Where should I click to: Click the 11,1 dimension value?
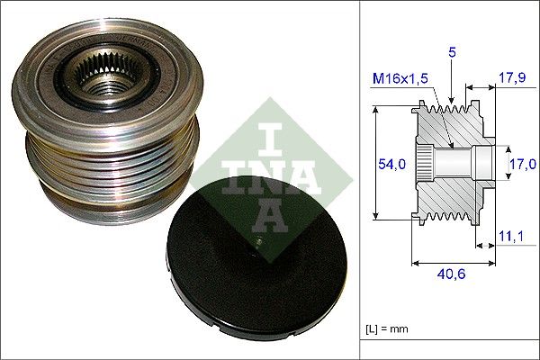pyautogui.click(x=510, y=236)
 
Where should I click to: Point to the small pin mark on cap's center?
pyautogui.click(x=256, y=244)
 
